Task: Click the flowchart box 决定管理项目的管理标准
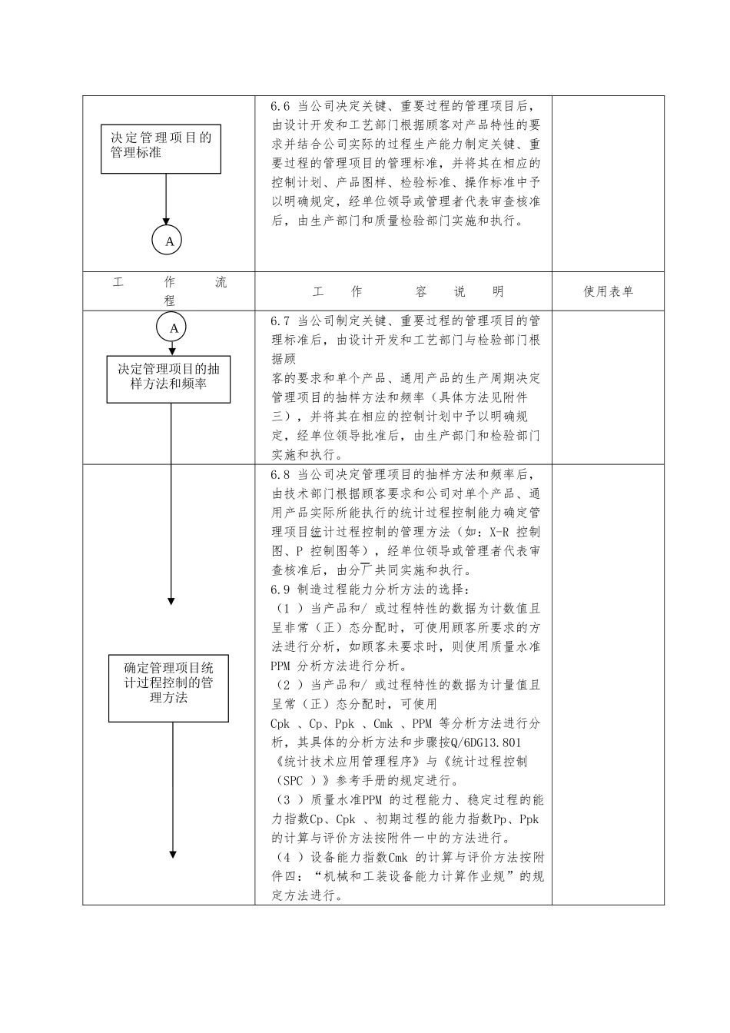tap(161, 148)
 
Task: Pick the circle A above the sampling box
tap(173, 328)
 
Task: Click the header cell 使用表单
tap(608, 291)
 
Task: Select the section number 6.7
tap(280, 321)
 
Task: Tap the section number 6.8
tap(280, 475)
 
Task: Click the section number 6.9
tap(280, 590)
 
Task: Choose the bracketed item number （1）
tap(287, 609)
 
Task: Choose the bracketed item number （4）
tap(287, 857)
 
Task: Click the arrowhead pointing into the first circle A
tap(167, 222)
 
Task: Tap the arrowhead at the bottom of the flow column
tap(172, 854)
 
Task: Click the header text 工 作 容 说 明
tap(408, 292)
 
